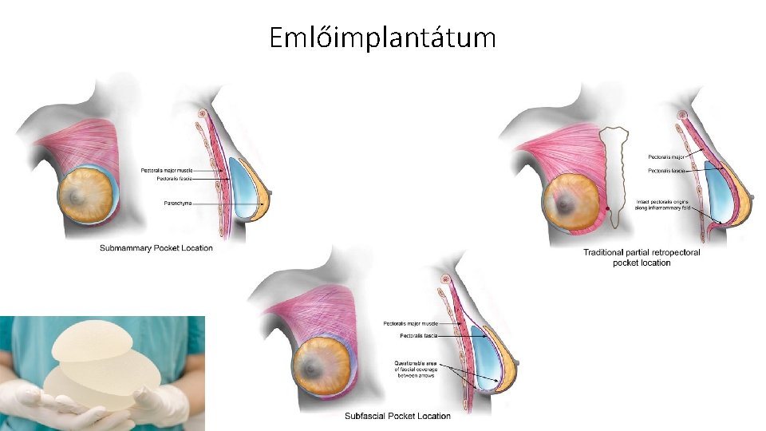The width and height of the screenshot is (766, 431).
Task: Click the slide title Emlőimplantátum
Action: pos(382,37)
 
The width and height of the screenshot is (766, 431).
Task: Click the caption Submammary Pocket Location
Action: pos(156,248)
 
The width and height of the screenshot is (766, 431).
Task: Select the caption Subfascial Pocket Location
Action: pos(397,416)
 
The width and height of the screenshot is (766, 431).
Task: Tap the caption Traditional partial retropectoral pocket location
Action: pos(642,258)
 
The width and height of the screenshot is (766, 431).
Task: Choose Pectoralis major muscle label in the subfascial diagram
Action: pos(410,323)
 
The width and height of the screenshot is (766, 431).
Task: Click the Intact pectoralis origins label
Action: pos(662,205)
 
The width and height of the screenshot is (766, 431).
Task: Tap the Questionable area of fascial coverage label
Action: pos(414,368)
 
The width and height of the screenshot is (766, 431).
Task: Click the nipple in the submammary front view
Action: pos(77,194)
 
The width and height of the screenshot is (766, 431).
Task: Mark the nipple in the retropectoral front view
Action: pos(567,201)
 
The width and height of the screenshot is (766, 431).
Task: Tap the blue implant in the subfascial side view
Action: pos(485,359)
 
